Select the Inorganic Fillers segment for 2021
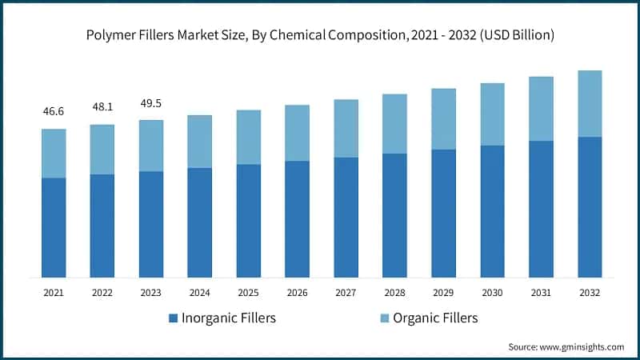pos(54,228)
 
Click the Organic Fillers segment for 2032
pos(590,103)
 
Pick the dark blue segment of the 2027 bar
pos(346,218)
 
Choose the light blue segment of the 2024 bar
pos(199,142)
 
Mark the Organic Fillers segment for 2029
pos(443,118)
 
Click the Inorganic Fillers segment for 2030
pos(492,211)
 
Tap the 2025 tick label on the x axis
pos(248,293)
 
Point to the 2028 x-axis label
pos(394,293)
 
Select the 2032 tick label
pos(590,293)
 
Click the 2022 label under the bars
pos(102,293)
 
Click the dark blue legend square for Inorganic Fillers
pos(173,318)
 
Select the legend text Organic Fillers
pos(433,318)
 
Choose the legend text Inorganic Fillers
pos(230,318)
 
